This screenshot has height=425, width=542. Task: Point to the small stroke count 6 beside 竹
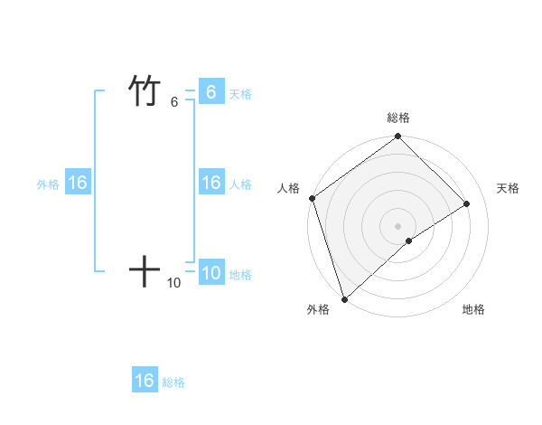[x=174, y=102]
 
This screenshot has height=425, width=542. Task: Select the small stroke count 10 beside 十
[x=174, y=283]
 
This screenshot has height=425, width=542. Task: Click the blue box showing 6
[x=210, y=92]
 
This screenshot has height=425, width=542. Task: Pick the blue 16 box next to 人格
[x=210, y=183]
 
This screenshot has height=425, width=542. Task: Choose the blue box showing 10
[x=210, y=273]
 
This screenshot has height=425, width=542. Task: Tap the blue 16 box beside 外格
[x=78, y=183]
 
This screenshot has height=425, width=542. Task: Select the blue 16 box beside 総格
[x=145, y=381]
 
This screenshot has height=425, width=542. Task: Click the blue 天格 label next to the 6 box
[x=240, y=94]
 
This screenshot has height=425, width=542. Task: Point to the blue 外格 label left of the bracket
[x=48, y=184]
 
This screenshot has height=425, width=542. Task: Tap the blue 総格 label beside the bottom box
[x=173, y=382]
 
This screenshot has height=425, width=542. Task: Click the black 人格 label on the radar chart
[x=289, y=188]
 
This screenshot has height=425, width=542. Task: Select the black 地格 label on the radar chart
[x=473, y=309]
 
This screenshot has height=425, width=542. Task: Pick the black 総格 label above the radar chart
[x=398, y=118]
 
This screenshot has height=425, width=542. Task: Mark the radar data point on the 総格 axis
[x=397, y=137]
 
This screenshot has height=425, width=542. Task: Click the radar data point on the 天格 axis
[x=467, y=203]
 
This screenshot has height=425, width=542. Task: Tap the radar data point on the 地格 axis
[x=409, y=241]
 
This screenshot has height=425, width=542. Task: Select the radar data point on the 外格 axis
[x=343, y=298]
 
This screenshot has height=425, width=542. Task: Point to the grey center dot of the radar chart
[x=397, y=225]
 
